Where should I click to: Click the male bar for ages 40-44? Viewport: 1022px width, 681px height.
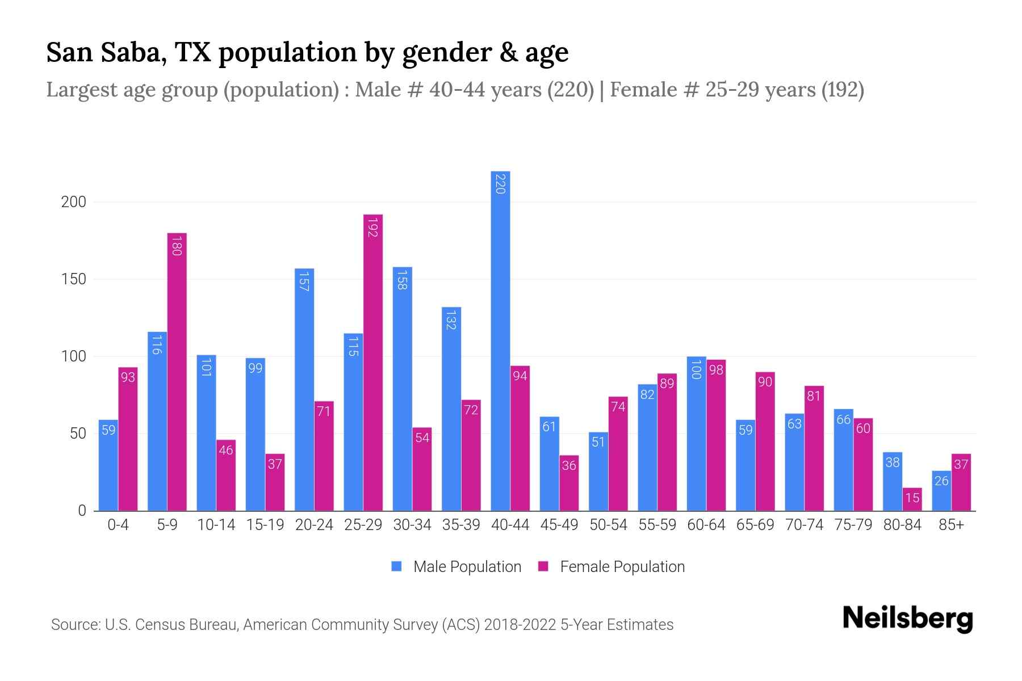coord(500,340)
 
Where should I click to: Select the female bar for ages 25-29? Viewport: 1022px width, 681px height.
coord(373,363)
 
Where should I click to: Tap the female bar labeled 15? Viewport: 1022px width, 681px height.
coord(912,499)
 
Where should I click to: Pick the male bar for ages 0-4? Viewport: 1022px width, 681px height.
coord(108,465)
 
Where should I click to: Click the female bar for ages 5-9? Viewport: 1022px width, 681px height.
coord(177,372)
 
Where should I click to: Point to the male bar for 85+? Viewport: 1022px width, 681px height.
coord(941,491)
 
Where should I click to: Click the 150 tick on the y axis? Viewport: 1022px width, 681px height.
coord(74,279)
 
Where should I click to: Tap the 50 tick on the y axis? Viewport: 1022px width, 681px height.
coord(78,434)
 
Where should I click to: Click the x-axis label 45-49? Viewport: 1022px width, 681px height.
coord(559,525)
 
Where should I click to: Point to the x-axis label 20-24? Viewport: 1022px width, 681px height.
coord(314,525)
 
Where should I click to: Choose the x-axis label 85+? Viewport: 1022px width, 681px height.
coord(951,525)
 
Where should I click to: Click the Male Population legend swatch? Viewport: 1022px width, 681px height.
coord(396,566)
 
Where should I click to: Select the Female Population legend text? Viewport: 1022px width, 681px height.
coord(622,566)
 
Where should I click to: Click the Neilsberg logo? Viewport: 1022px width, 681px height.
coord(907,619)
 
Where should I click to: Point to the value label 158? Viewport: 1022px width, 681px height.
coord(402,280)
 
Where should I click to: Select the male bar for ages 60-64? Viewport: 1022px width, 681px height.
coord(696,434)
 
